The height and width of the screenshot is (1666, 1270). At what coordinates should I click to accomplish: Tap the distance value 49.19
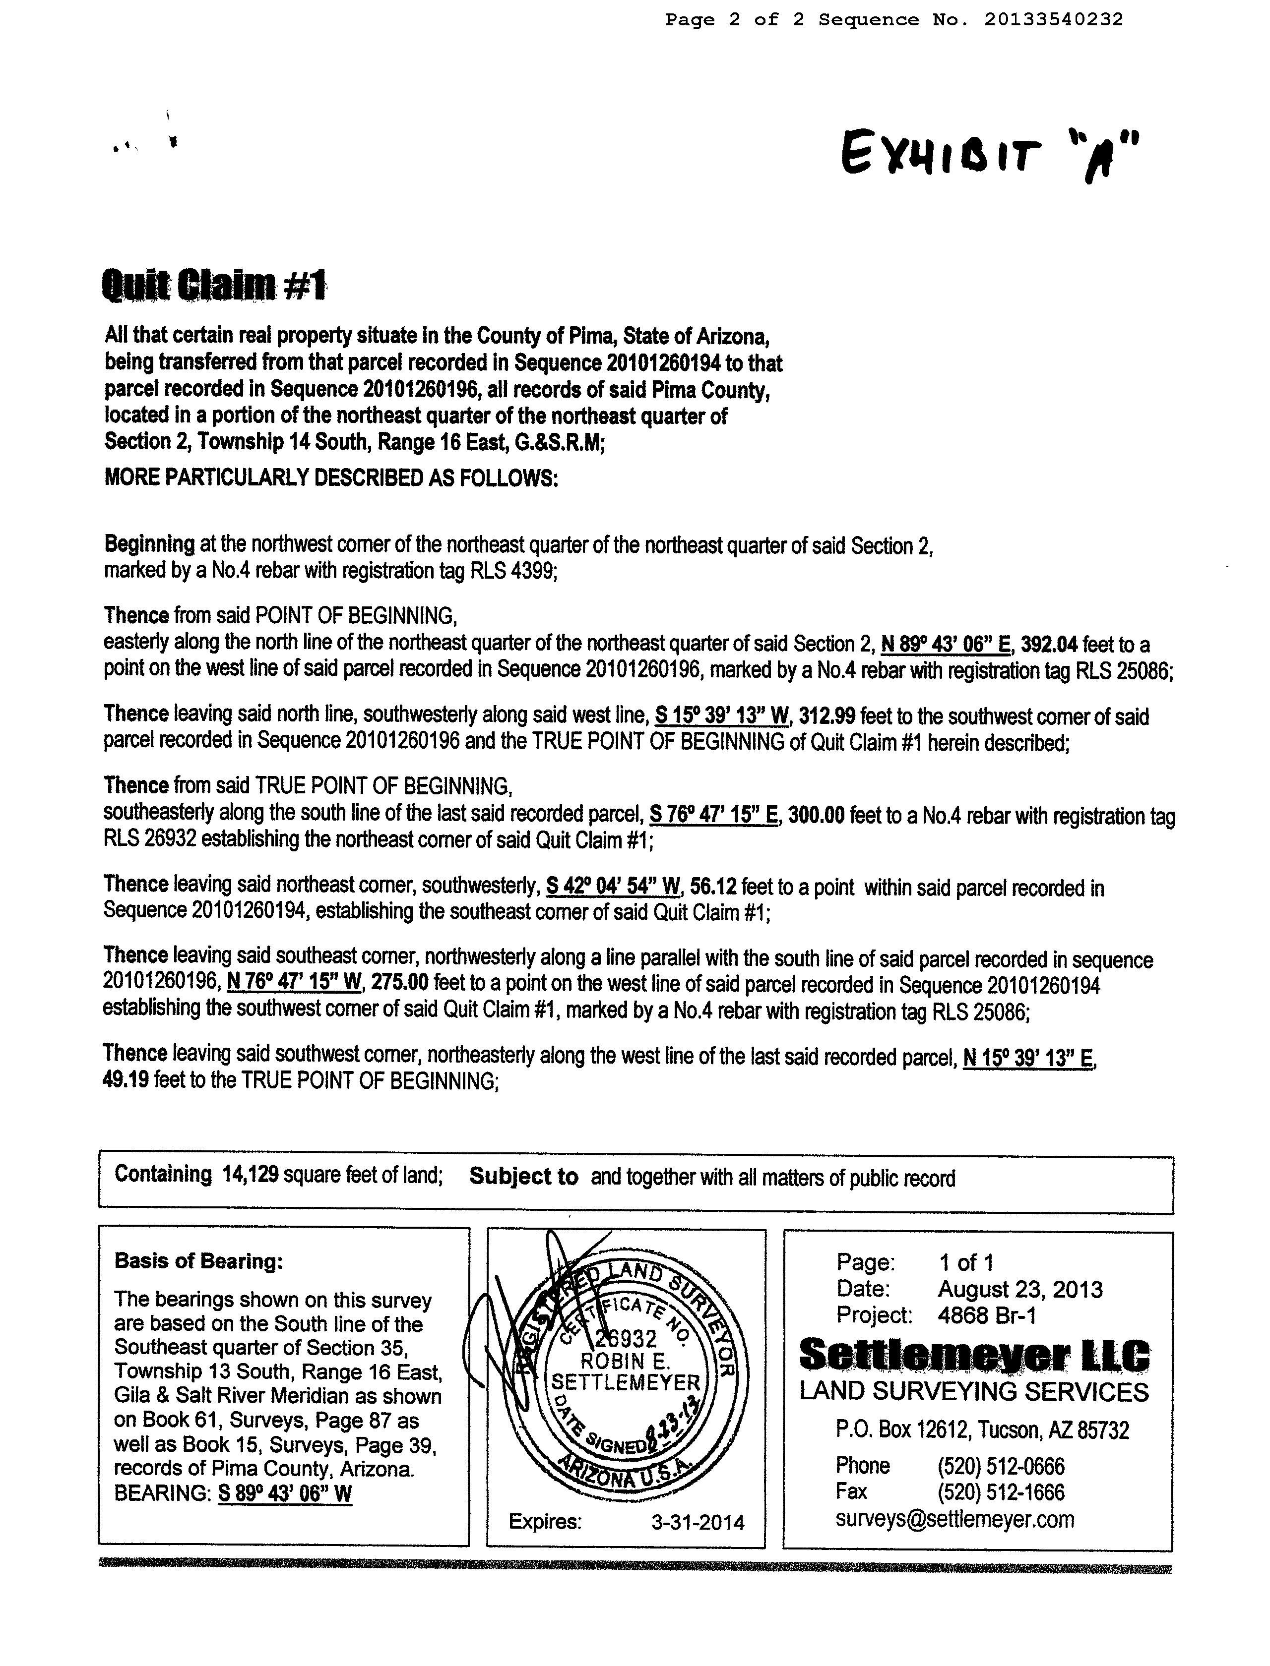pyautogui.click(x=126, y=1081)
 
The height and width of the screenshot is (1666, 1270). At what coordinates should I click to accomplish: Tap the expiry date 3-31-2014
pyautogui.click(x=698, y=1522)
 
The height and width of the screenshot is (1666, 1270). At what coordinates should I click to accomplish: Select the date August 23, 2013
pyautogui.click(x=1020, y=1289)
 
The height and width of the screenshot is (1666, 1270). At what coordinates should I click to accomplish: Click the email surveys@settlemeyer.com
pyautogui.click(x=954, y=1519)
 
